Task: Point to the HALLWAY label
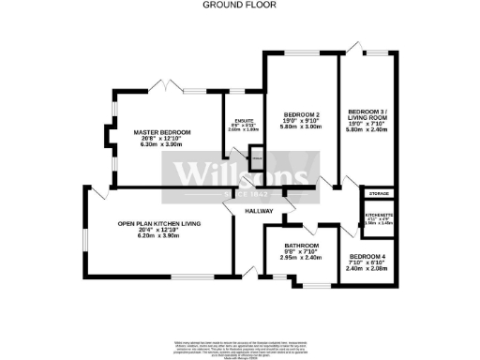[258, 212]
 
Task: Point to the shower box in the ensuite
[256, 160]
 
